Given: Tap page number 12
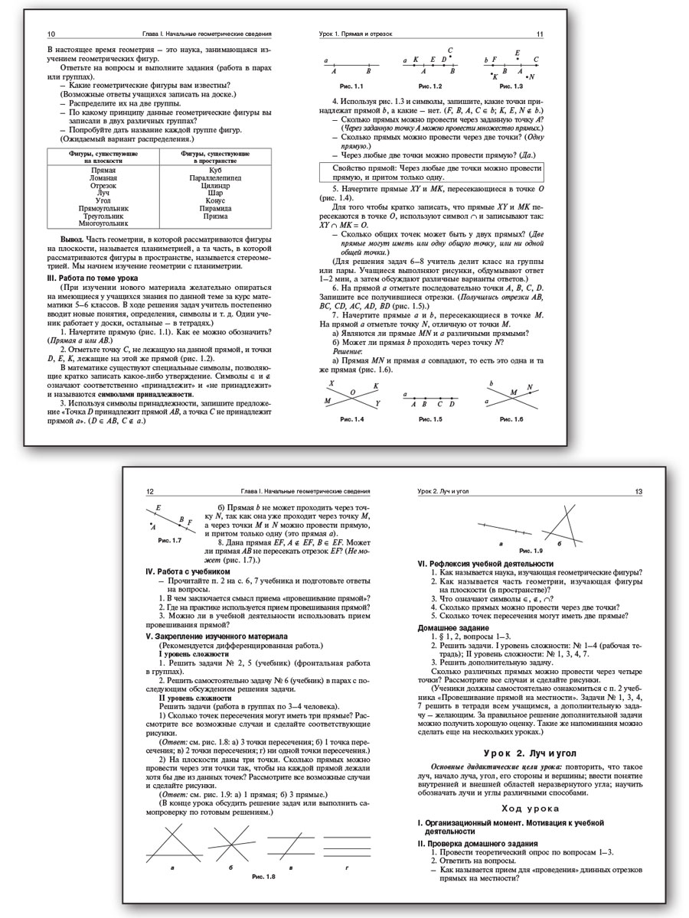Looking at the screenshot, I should [x=151, y=492].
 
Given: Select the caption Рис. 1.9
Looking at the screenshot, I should [x=531, y=550].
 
